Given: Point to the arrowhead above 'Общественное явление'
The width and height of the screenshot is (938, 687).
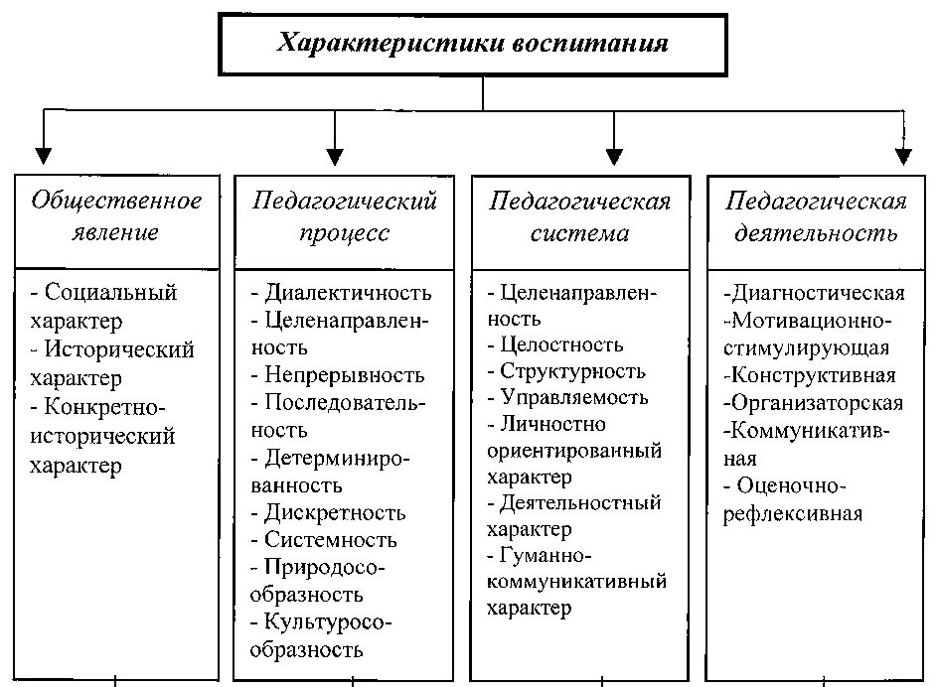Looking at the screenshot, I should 43,155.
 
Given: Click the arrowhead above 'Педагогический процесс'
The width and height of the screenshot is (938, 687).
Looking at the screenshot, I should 335,155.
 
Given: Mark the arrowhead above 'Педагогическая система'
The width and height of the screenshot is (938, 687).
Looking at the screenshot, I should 614,155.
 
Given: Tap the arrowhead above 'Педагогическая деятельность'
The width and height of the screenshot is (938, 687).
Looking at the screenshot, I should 903,155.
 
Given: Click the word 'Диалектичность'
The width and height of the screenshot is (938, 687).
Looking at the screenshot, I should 348,293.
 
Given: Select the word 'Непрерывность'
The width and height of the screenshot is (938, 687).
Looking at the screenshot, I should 344,375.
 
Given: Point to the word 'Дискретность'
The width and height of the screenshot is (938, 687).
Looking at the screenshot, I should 335,512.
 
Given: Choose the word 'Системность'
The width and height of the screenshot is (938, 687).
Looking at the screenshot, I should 330,540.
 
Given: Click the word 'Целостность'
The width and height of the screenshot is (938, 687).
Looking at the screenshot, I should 562,345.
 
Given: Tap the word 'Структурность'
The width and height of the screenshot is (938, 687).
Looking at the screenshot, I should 572,372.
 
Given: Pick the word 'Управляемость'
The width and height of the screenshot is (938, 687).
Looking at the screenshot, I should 574,398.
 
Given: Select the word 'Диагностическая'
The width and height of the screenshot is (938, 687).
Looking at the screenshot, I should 816,293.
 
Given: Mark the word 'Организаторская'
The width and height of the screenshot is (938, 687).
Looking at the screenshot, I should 815,403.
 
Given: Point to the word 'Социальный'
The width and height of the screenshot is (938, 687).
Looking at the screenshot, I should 111,293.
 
